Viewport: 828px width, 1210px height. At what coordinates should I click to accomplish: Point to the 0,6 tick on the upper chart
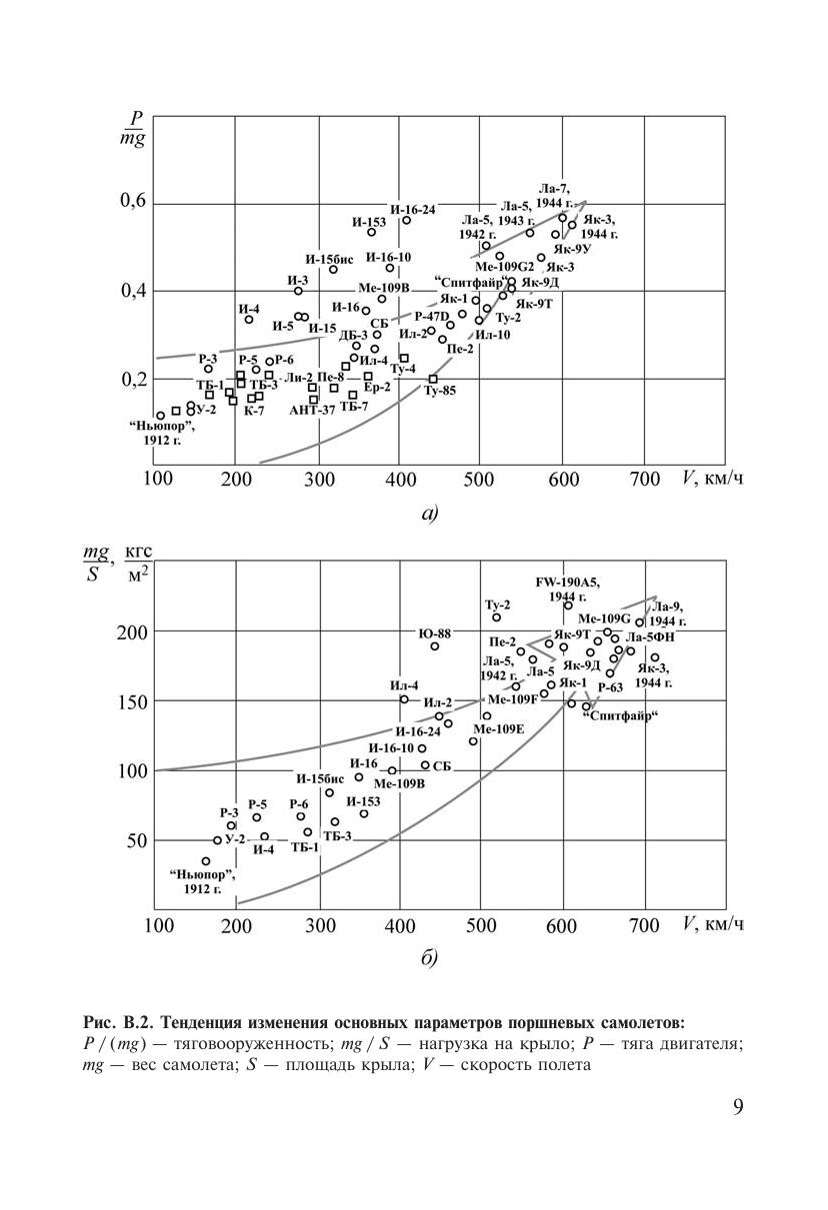[x=133, y=202]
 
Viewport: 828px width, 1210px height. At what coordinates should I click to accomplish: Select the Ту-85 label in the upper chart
[x=439, y=391]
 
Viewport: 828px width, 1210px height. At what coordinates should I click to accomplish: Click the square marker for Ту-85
[x=433, y=379]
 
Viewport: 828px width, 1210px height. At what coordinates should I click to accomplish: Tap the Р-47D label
[x=432, y=317]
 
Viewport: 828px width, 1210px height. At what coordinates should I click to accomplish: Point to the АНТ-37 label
[x=312, y=411]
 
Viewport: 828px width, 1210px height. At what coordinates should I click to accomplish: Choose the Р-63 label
[x=610, y=687]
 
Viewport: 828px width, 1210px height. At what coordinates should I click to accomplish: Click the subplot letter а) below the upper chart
[x=430, y=516]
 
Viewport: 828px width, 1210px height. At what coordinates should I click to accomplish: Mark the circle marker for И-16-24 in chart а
[x=406, y=220]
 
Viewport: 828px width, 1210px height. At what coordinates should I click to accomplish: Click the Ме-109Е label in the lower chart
[x=499, y=729]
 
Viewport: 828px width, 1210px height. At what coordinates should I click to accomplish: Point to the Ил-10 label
[x=493, y=335]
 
